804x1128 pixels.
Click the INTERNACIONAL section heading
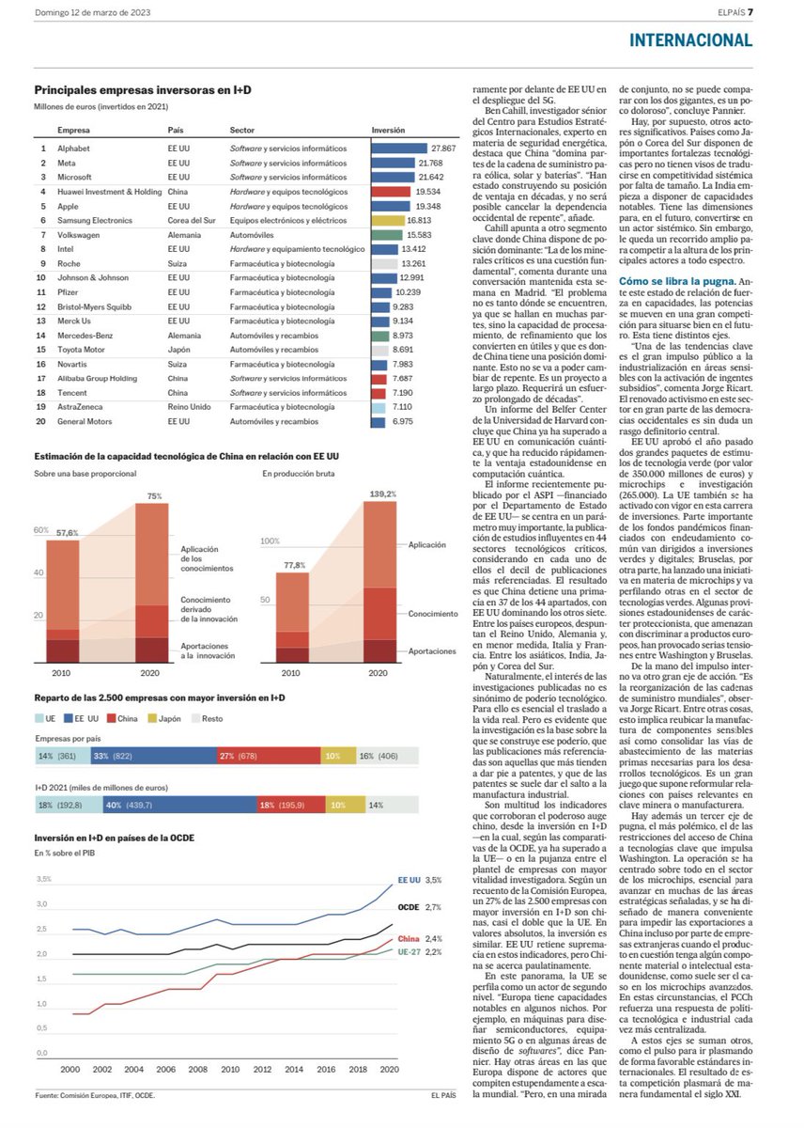690,39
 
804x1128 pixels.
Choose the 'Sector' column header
242,131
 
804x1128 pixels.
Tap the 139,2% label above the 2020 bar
381,493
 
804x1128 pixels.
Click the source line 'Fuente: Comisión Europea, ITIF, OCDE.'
95,1095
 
